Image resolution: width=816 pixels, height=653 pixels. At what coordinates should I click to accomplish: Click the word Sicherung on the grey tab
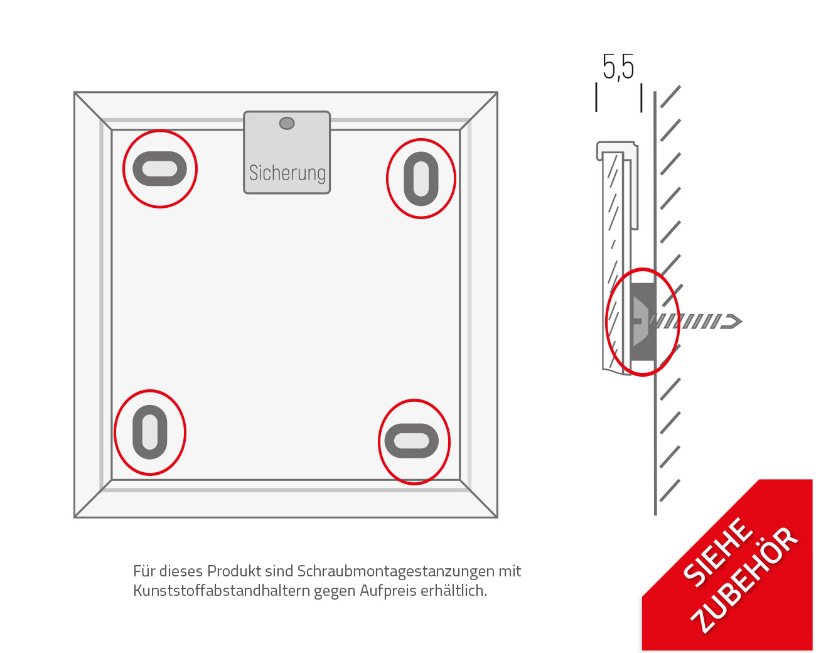click(287, 173)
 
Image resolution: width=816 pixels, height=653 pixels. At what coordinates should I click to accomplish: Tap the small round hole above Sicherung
click(287, 123)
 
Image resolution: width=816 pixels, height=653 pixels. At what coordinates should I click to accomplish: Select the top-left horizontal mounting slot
click(159, 170)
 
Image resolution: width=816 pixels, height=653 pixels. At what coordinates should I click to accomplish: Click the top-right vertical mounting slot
click(421, 179)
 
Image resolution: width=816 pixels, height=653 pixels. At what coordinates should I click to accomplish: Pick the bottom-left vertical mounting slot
click(150, 433)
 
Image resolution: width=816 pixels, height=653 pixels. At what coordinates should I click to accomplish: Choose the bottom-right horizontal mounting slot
click(412, 441)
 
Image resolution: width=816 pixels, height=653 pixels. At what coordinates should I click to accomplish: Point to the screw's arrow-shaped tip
click(731, 321)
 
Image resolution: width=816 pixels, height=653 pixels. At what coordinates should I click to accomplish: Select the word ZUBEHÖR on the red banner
click(745, 579)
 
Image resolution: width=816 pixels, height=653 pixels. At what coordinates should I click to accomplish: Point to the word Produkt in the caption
click(234, 571)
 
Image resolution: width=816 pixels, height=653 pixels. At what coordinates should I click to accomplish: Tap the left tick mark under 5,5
click(596, 98)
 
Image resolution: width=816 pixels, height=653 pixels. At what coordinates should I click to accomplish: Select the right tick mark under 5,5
click(641, 98)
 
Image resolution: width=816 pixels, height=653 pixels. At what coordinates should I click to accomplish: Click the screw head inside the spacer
click(638, 321)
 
